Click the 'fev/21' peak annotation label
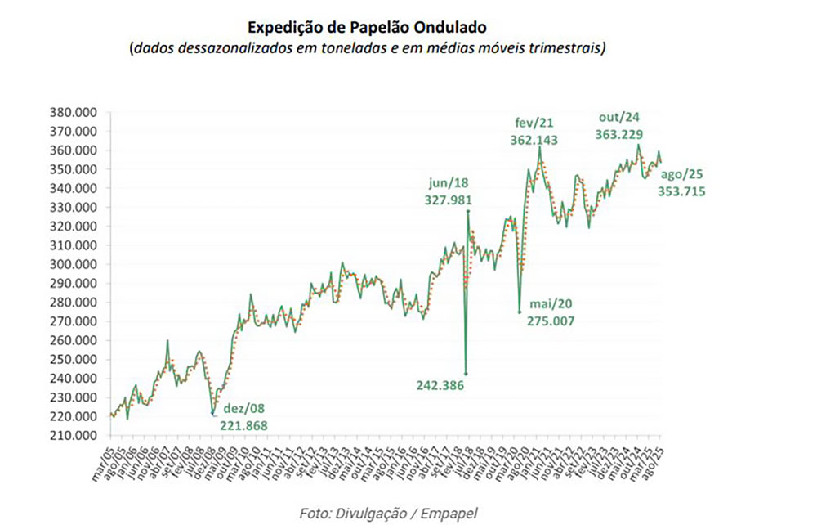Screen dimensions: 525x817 pos(534,123)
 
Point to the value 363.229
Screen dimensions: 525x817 pos(618,135)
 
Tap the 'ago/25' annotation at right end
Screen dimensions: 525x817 pos(682,175)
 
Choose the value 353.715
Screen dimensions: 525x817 pos(682,191)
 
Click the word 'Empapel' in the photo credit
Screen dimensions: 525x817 pos(449,513)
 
